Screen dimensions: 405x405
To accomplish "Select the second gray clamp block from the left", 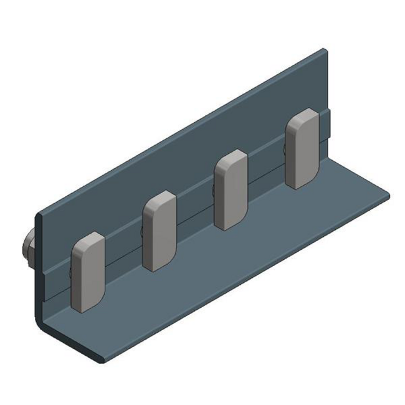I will pos(160,232).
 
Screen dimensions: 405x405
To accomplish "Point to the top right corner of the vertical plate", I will pos(323,51).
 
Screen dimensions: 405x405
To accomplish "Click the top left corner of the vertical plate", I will pos(39,215).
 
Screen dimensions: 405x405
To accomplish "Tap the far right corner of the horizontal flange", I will pos(388,194).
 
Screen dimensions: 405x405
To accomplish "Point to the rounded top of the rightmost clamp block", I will pos(303,115).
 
